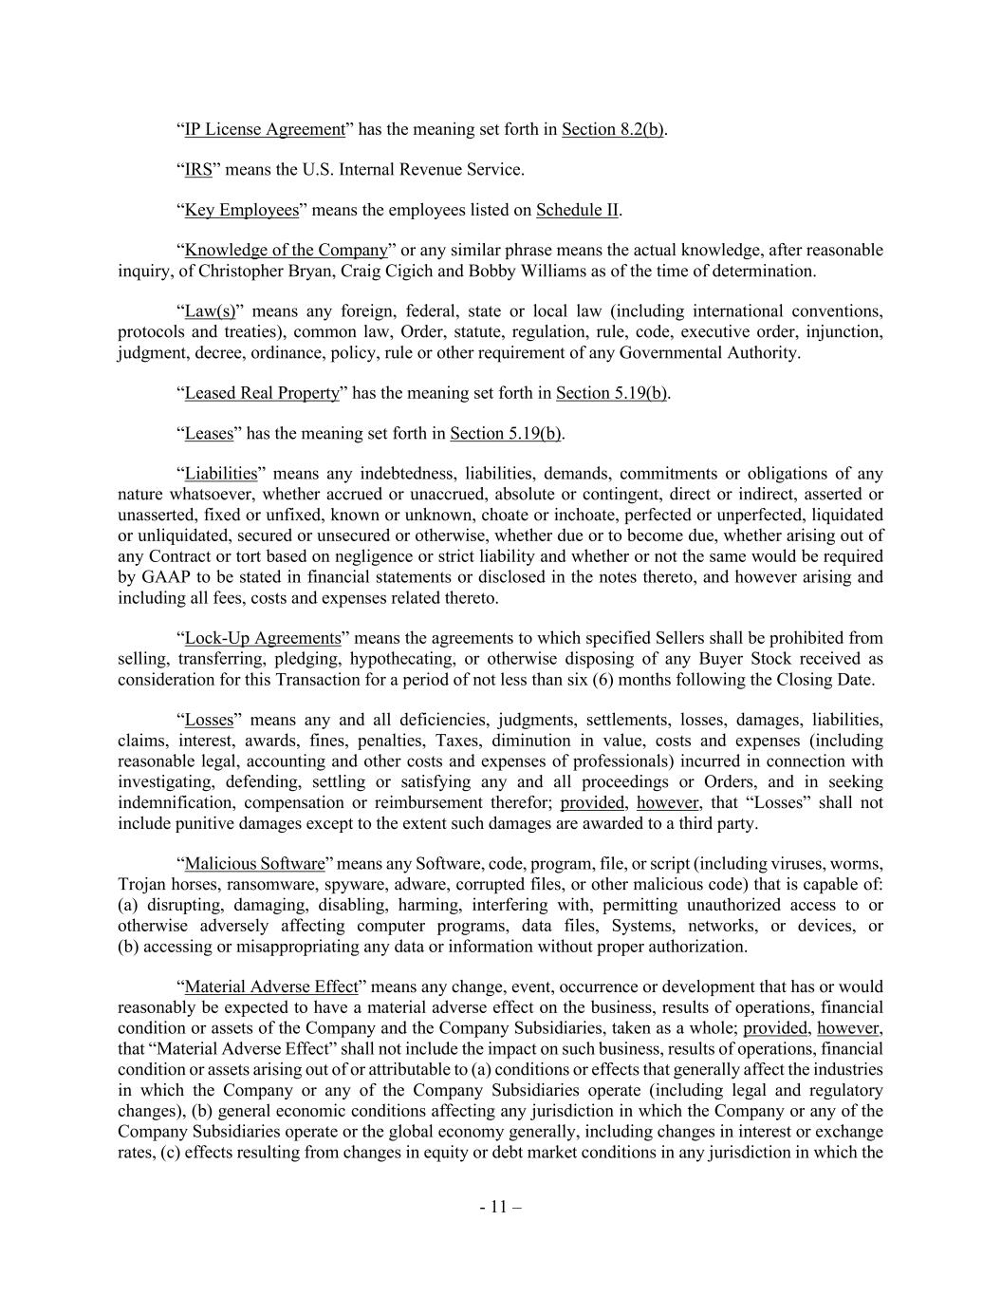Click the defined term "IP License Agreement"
click(264, 129)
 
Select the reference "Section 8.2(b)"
click(612, 129)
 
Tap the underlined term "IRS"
click(197, 170)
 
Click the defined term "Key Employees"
click(241, 210)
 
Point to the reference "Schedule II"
click(578, 210)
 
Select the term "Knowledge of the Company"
click(286, 251)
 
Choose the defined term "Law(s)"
click(210, 311)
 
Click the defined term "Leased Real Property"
click(261, 393)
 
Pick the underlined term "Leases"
click(208, 434)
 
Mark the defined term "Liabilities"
click(220, 474)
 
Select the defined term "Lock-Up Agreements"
click(262, 638)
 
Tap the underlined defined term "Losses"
click(208, 721)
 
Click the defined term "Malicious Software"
click(254, 864)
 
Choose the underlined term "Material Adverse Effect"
click(270, 987)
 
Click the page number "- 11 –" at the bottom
click(500, 1208)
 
